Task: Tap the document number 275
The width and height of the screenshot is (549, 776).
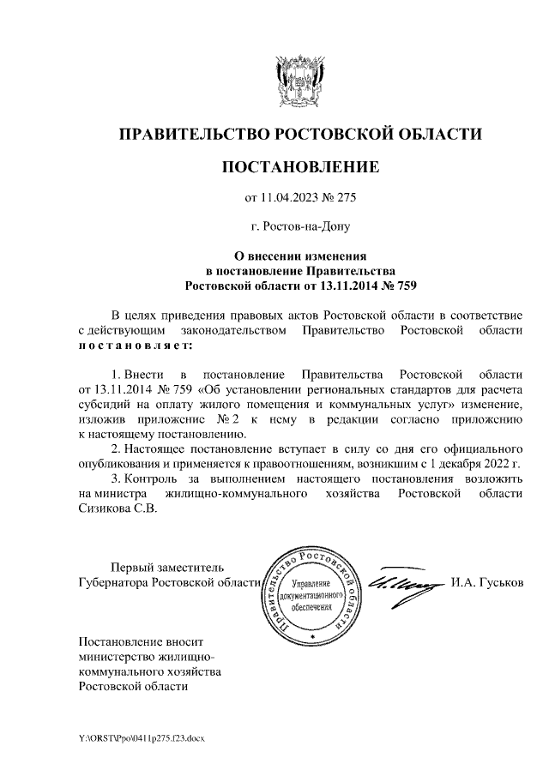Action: point(344,198)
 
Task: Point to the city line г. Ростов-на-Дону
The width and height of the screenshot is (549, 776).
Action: point(300,227)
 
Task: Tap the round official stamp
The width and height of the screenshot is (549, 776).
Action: point(311,594)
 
